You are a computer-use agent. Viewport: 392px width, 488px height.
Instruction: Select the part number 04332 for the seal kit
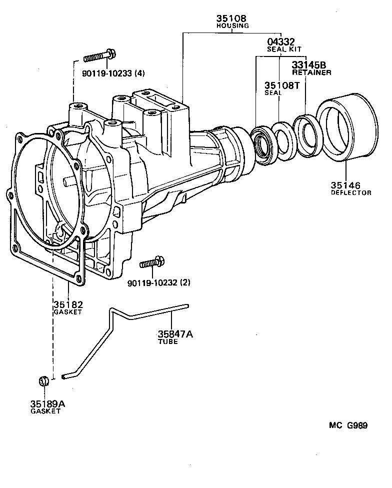[280, 42]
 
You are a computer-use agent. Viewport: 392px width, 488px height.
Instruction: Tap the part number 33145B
[309, 65]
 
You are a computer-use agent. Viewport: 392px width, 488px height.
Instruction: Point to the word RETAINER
[311, 72]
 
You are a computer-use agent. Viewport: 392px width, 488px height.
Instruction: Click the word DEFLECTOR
[351, 192]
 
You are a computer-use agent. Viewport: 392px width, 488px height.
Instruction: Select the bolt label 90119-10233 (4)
[113, 73]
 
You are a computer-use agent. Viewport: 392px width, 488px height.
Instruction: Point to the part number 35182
[67, 304]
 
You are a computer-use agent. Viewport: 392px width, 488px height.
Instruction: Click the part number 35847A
[175, 334]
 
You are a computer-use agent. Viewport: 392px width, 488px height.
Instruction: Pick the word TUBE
[168, 342]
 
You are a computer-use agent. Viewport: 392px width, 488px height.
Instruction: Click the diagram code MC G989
[348, 426]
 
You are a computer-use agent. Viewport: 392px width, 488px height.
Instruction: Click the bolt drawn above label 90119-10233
[100, 56]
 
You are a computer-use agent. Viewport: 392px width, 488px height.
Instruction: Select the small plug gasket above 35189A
[43, 380]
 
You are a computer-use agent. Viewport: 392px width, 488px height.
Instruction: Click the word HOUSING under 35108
[233, 25]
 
